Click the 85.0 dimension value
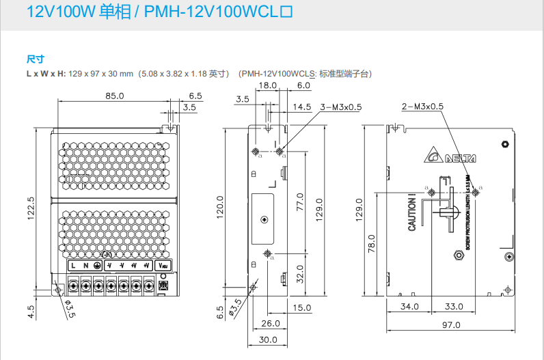tap(114, 96)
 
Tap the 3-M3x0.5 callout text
tap(341, 107)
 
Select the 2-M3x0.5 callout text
tap(422, 106)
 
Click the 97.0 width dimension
tap(450, 326)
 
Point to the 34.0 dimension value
tap(409, 307)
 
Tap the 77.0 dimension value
tap(299, 204)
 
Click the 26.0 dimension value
tap(270, 323)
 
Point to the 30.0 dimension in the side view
tap(268, 340)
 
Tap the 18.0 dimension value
tap(267, 85)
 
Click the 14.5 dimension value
tap(302, 107)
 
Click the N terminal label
tap(85, 265)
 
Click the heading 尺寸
tap(35, 59)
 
